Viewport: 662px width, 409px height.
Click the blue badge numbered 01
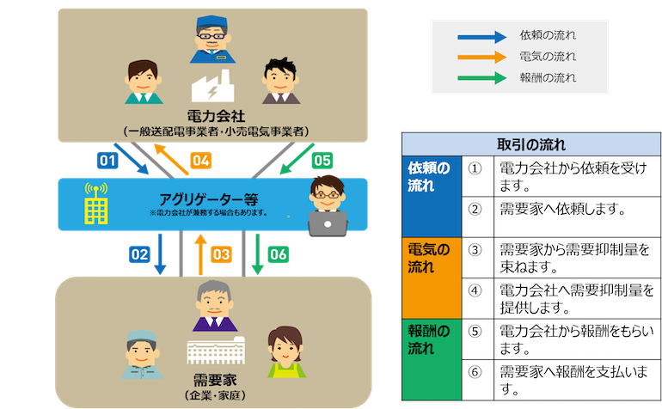coord(107,160)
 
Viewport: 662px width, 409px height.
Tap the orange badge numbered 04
coord(200,160)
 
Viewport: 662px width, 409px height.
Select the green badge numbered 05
coord(321,160)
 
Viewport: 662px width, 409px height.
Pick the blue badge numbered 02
coord(139,253)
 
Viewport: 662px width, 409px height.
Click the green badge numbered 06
coord(279,253)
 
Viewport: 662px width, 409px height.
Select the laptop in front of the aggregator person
coord(327,223)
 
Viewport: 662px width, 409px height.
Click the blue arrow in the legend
coord(481,36)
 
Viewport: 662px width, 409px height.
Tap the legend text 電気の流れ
coord(548,57)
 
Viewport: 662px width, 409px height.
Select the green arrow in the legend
coord(481,77)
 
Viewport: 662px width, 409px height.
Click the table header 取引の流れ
coord(530,143)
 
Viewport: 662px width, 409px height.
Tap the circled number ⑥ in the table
coord(474,372)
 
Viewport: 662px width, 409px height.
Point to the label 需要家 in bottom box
coord(210,379)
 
